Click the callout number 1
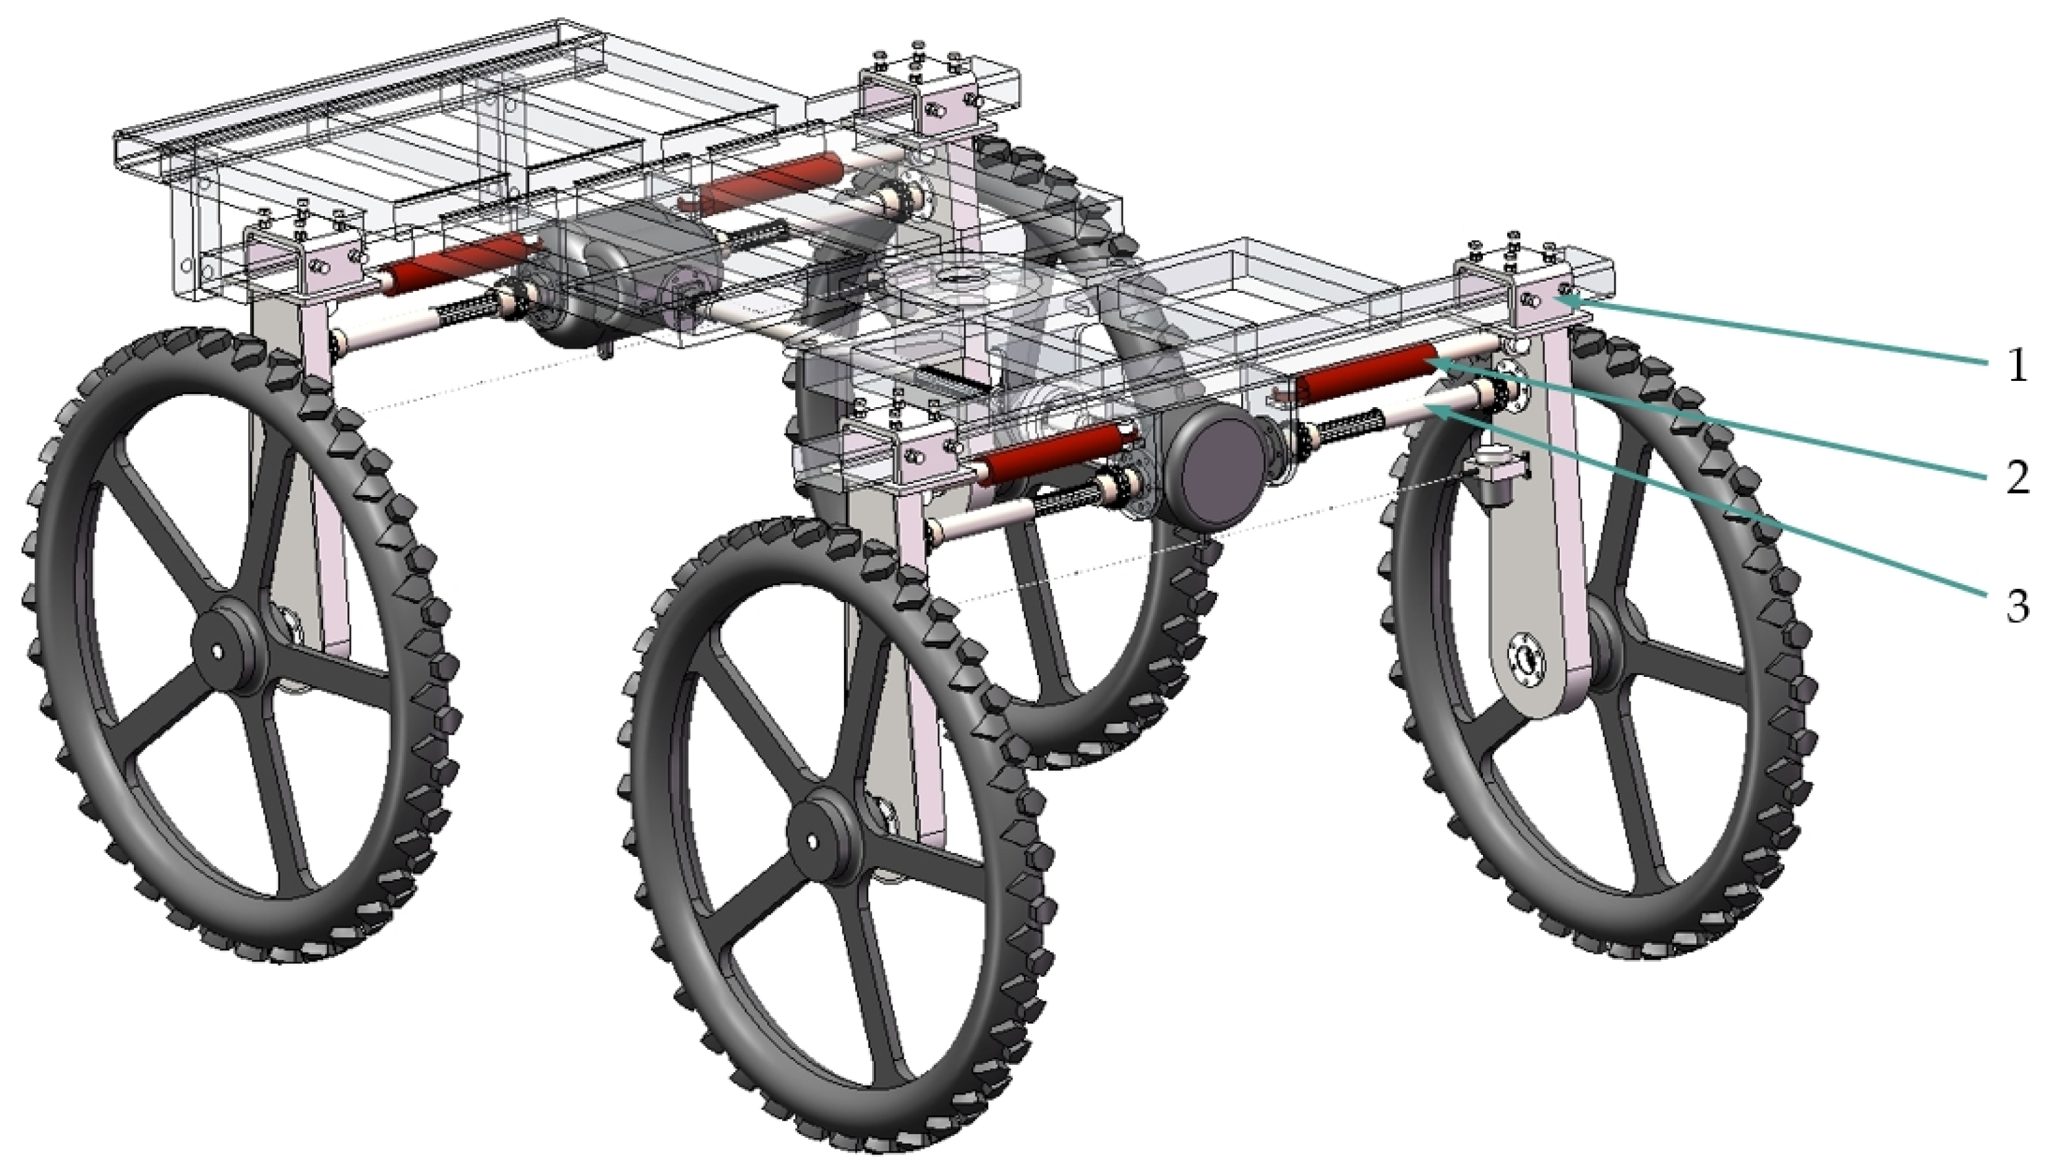pos(2017,366)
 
